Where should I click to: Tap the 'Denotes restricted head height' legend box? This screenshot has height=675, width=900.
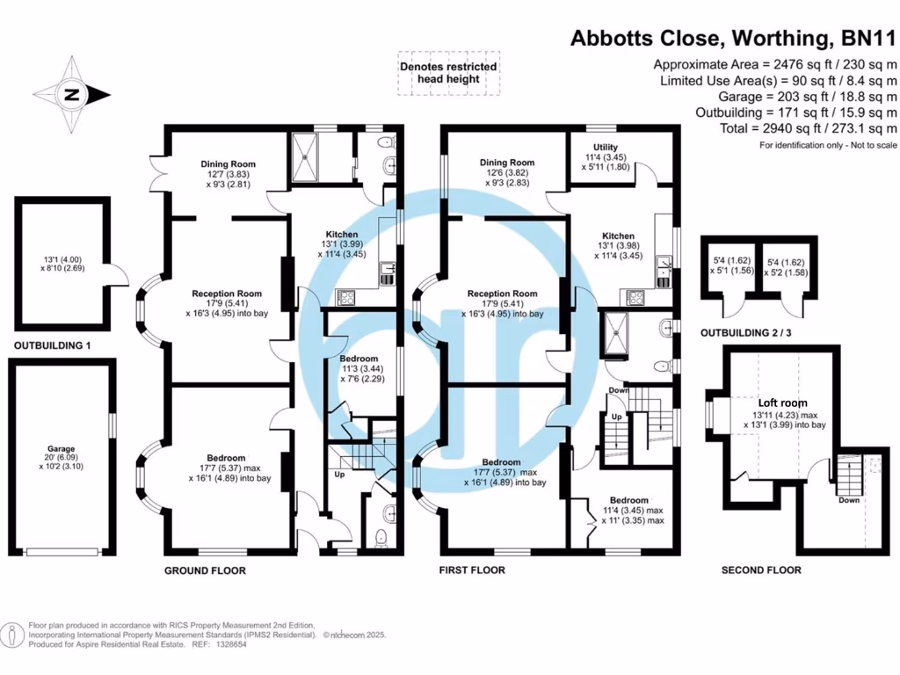pyautogui.click(x=448, y=73)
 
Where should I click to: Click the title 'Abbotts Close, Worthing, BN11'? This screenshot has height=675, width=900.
pyautogui.click(x=734, y=39)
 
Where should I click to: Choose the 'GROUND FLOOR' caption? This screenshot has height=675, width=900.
pyautogui.click(x=205, y=570)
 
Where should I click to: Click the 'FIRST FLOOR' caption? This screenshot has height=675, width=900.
pyautogui.click(x=472, y=570)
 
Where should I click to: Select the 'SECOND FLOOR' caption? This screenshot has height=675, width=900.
pyautogui.click(x=761, y=570)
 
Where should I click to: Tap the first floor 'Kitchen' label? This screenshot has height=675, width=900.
pyautogui.click(x=618, y=236)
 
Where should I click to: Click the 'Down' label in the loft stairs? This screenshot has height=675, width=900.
pyautogui.click(x=849, y=500)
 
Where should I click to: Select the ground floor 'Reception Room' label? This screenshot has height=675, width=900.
pyautogui.click(x=229, y=294)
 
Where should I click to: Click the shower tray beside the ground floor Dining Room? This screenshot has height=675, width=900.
pyautogui.click(x=309, y=156)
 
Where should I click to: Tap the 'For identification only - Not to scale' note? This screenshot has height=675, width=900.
pyautogui.click(x=828, y=144)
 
